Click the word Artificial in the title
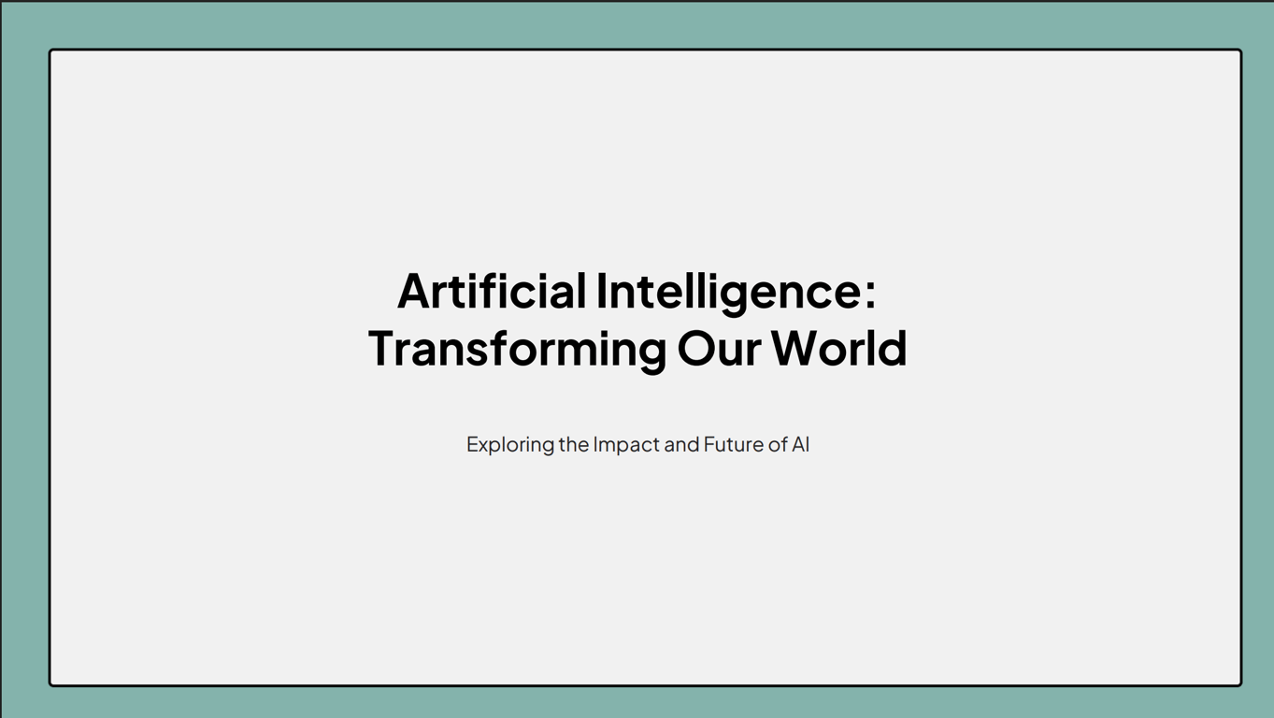pos(492,291)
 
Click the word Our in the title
pos(719,348)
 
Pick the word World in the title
pos(839,348)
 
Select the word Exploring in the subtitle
pos(510,445)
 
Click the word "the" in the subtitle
pos(574,444)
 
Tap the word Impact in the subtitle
pos(626,445)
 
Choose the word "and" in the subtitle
pos(681,444)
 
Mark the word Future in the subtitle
pos(734,444)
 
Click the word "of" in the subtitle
pos(778,444)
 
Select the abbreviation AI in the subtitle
pos(801,444)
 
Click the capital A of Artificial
pos(413,291)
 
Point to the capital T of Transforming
pos(383,348)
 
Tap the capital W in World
pos(796,348)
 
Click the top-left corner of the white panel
pos(50,50)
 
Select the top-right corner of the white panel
pos(1240,50)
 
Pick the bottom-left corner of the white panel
pos(50,685)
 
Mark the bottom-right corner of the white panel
pos(1240,685)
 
